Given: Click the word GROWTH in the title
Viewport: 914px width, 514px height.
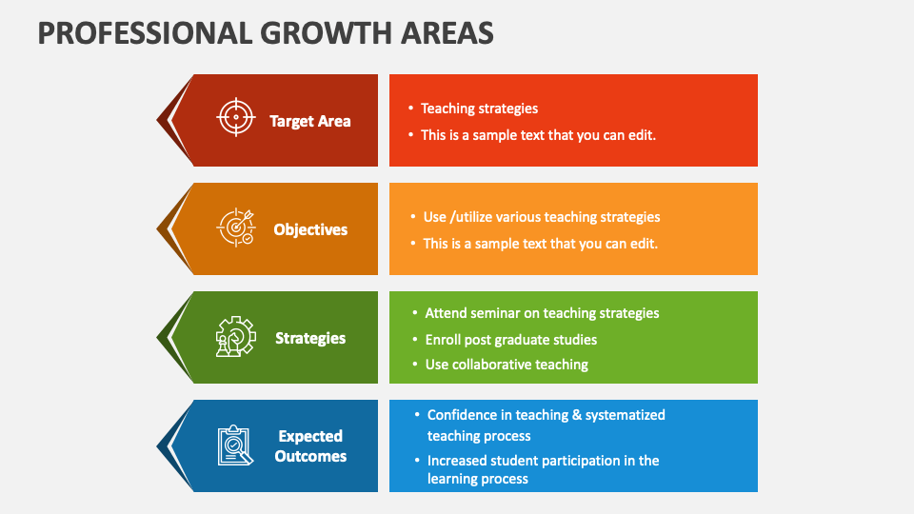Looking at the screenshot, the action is (x=326, y=32).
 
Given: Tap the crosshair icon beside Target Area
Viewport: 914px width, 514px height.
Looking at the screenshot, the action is (x=236, y=117).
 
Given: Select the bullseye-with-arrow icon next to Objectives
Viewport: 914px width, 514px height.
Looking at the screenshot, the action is (x=236, y=227).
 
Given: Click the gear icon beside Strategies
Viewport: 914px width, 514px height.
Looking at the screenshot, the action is (x=235, y=336).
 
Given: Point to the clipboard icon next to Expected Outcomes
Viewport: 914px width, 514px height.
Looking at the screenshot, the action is (x=235, y=445).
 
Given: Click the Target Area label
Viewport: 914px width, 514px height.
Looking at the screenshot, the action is (x=310, y=121).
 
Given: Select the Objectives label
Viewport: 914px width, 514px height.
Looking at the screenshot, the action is (x=310, y=229).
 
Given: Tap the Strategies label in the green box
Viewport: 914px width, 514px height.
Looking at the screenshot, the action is (x=310, y=338).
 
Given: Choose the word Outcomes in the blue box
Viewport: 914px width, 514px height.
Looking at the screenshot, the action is (x=310, y=456).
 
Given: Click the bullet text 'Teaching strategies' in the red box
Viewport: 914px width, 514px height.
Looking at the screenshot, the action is (x=479, y=109).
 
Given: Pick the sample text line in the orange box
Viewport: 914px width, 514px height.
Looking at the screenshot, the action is (x=541, y=244).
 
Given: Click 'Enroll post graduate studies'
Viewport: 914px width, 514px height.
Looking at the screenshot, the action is (x=511, y=340).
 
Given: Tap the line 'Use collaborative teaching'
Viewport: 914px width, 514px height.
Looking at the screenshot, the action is (x=507, y=365).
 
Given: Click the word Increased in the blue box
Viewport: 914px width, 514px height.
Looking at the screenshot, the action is (x=456, y=461).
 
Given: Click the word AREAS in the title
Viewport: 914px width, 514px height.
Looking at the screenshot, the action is (x=447, y=32).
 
